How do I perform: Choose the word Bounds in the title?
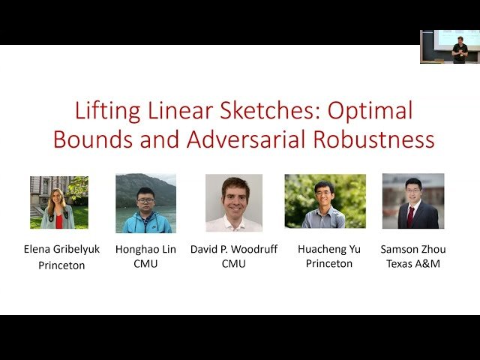click(88, 139)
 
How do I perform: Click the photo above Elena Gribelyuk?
click(59, 202)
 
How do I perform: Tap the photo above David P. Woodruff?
click(234, 202)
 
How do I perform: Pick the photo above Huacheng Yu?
click(325, 201)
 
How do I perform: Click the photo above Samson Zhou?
click(413, 201)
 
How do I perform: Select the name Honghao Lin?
click(145, 249)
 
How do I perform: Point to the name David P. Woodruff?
click(234, 249)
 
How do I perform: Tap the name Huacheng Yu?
click(328, 249)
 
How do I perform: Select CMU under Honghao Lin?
click(145, 264)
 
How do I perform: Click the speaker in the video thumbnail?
click(460, 48)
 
